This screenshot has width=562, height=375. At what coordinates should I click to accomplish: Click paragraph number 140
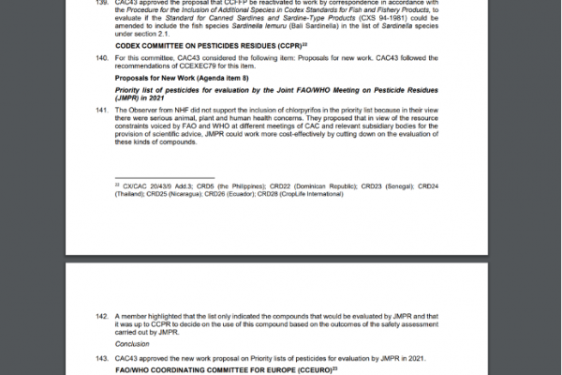101,59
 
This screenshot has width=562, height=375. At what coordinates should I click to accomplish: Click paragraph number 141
101,111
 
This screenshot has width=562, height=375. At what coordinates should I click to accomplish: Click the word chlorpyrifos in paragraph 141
305,111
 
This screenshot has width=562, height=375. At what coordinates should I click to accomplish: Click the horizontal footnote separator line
165,177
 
